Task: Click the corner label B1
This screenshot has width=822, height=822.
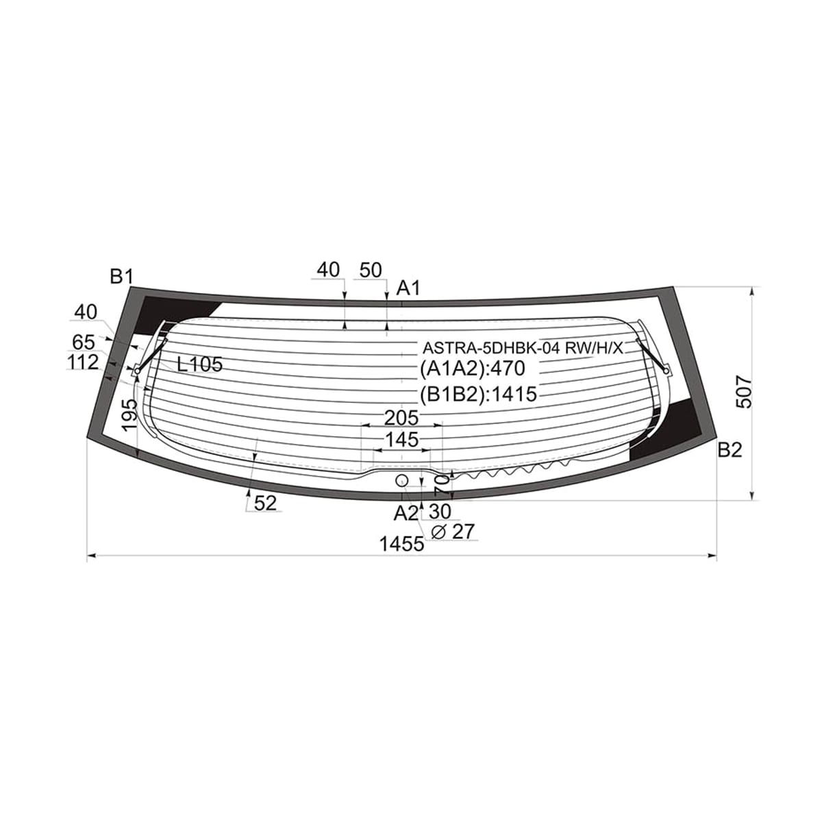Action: (x=122, y=277)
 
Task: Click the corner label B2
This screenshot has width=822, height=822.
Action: (x=730, y=450)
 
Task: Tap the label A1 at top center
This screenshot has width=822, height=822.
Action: (x=408, y=288)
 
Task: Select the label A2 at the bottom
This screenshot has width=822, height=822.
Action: (x=406, y=514)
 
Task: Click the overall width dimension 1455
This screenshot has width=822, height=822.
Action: (x=402, y=544)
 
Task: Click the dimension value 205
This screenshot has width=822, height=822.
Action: (x=401, y=418)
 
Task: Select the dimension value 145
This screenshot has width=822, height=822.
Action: (x=401, y=439)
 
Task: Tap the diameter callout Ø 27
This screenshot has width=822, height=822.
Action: (x=453, y=532)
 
